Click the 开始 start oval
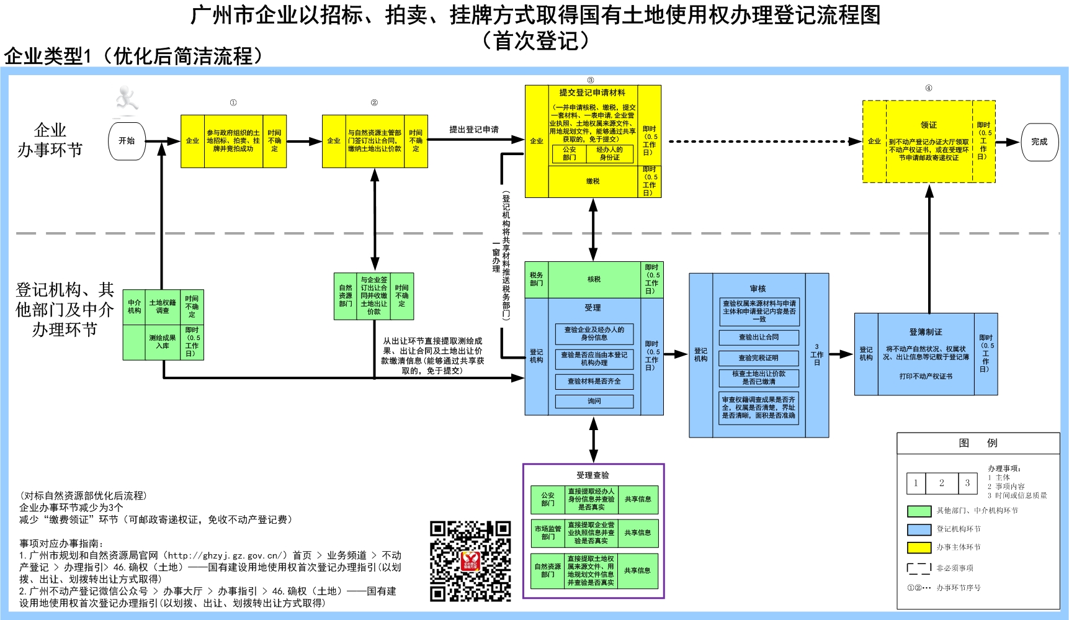[127, 142]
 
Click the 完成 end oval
[1039, 142]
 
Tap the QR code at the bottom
[470, 562]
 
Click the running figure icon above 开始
[127, 102]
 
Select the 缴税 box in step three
[593, 181]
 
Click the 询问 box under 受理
[594, 402]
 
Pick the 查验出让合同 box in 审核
[758, 338]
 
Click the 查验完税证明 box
[758, 358]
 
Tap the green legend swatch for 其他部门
[919, 511]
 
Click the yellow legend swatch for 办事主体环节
[919, 547]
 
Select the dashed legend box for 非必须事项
[919, 568]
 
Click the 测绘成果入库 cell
[163, 342]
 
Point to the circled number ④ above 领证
[929, 88]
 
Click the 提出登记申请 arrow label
[474, 130]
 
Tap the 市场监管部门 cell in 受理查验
[547, 533]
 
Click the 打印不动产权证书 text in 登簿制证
[926, 376]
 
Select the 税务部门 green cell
[537, 279]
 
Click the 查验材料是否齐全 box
[594, 381]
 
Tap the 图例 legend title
[978, 443]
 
